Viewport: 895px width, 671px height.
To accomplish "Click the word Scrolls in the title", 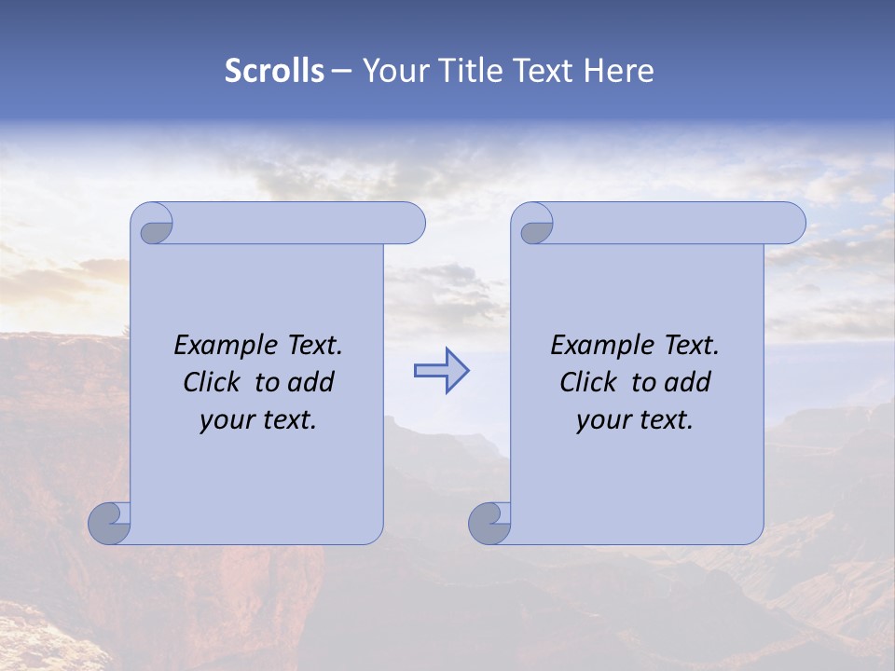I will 274,71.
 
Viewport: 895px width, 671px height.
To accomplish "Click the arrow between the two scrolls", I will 441,371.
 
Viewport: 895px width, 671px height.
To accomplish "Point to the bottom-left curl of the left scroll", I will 110,523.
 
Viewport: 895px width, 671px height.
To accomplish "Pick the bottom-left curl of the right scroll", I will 489,523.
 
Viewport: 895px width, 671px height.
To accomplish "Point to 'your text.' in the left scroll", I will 258,419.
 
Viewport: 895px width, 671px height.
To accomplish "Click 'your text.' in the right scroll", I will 635,419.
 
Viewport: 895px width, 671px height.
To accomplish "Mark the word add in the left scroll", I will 312,382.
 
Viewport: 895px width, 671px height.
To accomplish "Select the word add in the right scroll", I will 689,382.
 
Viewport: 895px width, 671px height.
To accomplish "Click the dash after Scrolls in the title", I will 341,71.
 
